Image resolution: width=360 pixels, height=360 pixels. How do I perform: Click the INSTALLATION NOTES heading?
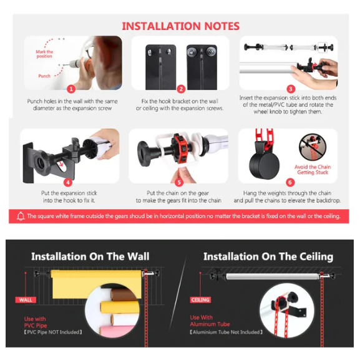coord(181,26)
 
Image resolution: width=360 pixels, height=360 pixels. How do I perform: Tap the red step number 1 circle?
coord(71,89)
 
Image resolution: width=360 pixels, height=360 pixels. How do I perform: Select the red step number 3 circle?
coord(291,89)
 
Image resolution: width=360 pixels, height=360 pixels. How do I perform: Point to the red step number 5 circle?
coord(179,183)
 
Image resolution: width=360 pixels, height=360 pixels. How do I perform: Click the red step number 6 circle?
coord(290,182)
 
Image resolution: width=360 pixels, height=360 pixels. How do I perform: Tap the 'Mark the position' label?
coord(44,54)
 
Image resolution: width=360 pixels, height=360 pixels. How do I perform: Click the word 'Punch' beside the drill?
coord(44,76)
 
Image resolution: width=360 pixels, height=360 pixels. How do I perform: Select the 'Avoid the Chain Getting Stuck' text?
coord(313,170)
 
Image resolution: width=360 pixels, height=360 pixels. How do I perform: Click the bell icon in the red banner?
coord(21,216)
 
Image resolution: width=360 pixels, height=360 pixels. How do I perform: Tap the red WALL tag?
coord(26,300)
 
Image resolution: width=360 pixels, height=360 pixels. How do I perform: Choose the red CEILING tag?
coord(200,300)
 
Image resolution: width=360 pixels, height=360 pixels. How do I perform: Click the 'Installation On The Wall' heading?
coord(90,256)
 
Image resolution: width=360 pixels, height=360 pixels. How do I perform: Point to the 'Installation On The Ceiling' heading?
coord(268,256)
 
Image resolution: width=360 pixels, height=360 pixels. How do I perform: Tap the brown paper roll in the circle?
coord(125,294)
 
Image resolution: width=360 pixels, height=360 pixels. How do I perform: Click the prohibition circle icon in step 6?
coord(313,147)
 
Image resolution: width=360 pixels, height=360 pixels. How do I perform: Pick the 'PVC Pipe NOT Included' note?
coord(53,332)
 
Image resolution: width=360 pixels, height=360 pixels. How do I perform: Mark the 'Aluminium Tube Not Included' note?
coord(226,332)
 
